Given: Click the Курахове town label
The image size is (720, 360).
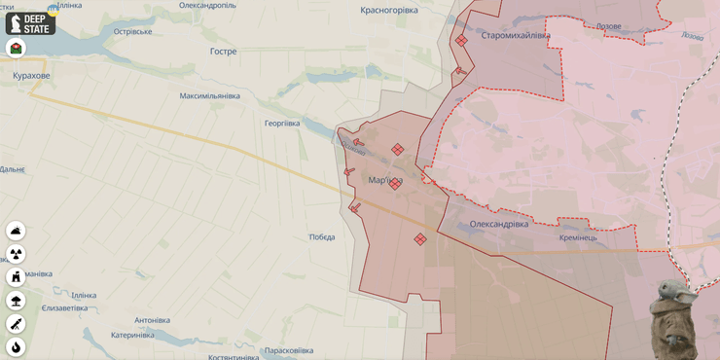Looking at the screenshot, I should (x=31, y=75).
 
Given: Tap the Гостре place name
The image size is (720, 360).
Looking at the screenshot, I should (x=223, y=51).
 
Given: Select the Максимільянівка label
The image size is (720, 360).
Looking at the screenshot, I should (x=209, y=96).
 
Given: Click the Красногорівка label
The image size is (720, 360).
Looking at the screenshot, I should (x=389, y=10).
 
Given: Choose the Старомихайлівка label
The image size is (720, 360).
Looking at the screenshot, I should (x=516, y=36).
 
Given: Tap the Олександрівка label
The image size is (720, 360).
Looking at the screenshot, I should (x=499, y=224).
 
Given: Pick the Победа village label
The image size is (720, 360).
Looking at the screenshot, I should (x=322, y=237).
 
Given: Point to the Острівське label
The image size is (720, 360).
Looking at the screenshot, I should (x=133, y=32).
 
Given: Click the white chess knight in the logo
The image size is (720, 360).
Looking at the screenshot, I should (x=15, y=23).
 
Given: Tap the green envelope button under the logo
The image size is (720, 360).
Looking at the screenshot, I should (x=16, y=48).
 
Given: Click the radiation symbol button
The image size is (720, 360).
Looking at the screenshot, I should (x=16, y=254).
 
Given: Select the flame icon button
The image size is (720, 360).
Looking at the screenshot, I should (x=16, y=347).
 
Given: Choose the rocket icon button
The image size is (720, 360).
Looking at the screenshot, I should (x=16, y=324).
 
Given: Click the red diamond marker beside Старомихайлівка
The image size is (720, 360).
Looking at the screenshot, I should (x=461, y=41).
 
